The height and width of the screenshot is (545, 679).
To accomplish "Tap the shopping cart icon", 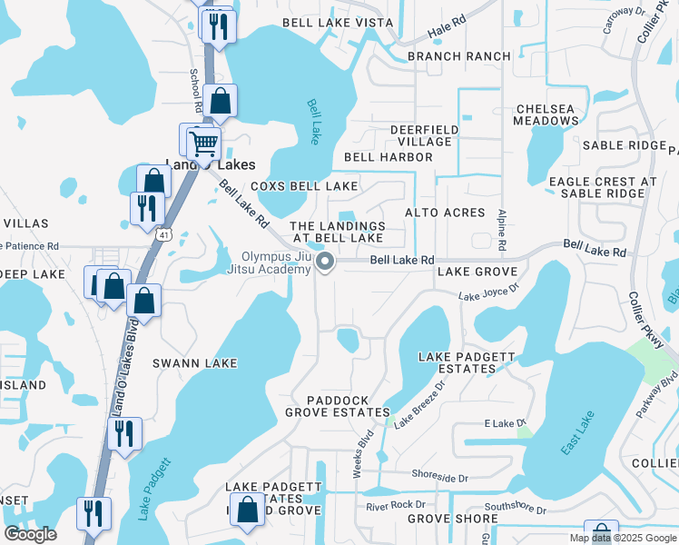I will pyautogui.click(x=202, y=142).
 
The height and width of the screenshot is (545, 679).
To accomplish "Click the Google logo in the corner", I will pyautogui.click(x=30, y=534).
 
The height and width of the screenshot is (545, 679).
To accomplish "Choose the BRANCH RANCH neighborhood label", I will pyautogui.click(x=458, y=56).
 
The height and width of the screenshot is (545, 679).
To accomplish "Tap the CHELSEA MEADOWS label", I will pyautogui.click(x=545, y=114).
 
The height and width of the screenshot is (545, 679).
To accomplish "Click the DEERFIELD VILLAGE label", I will pyautogui.click(x=421, y=135).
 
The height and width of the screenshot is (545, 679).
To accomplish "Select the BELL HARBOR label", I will pyautogui.click(x=388, y=157).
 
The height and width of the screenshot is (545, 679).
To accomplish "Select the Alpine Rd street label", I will pyautogui.click(x=501, y=229).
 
